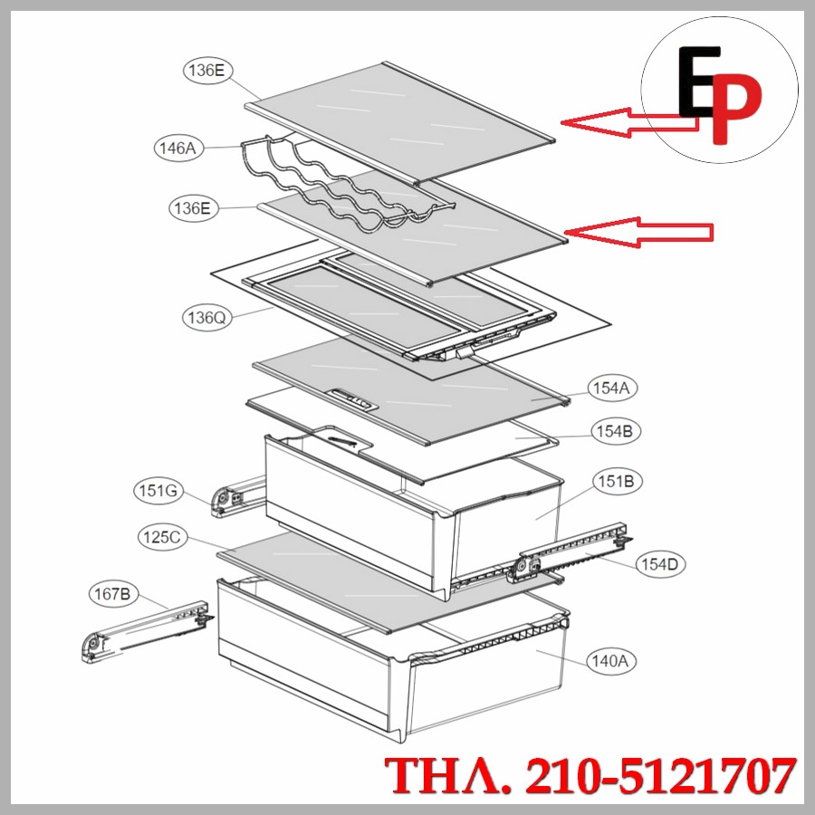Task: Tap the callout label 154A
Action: [613, 388]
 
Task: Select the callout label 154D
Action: [659, 564]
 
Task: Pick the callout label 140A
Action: [609, 661]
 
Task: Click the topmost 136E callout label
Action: [206, 71]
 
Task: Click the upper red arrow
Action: [625, 121]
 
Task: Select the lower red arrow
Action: [643, 232]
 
